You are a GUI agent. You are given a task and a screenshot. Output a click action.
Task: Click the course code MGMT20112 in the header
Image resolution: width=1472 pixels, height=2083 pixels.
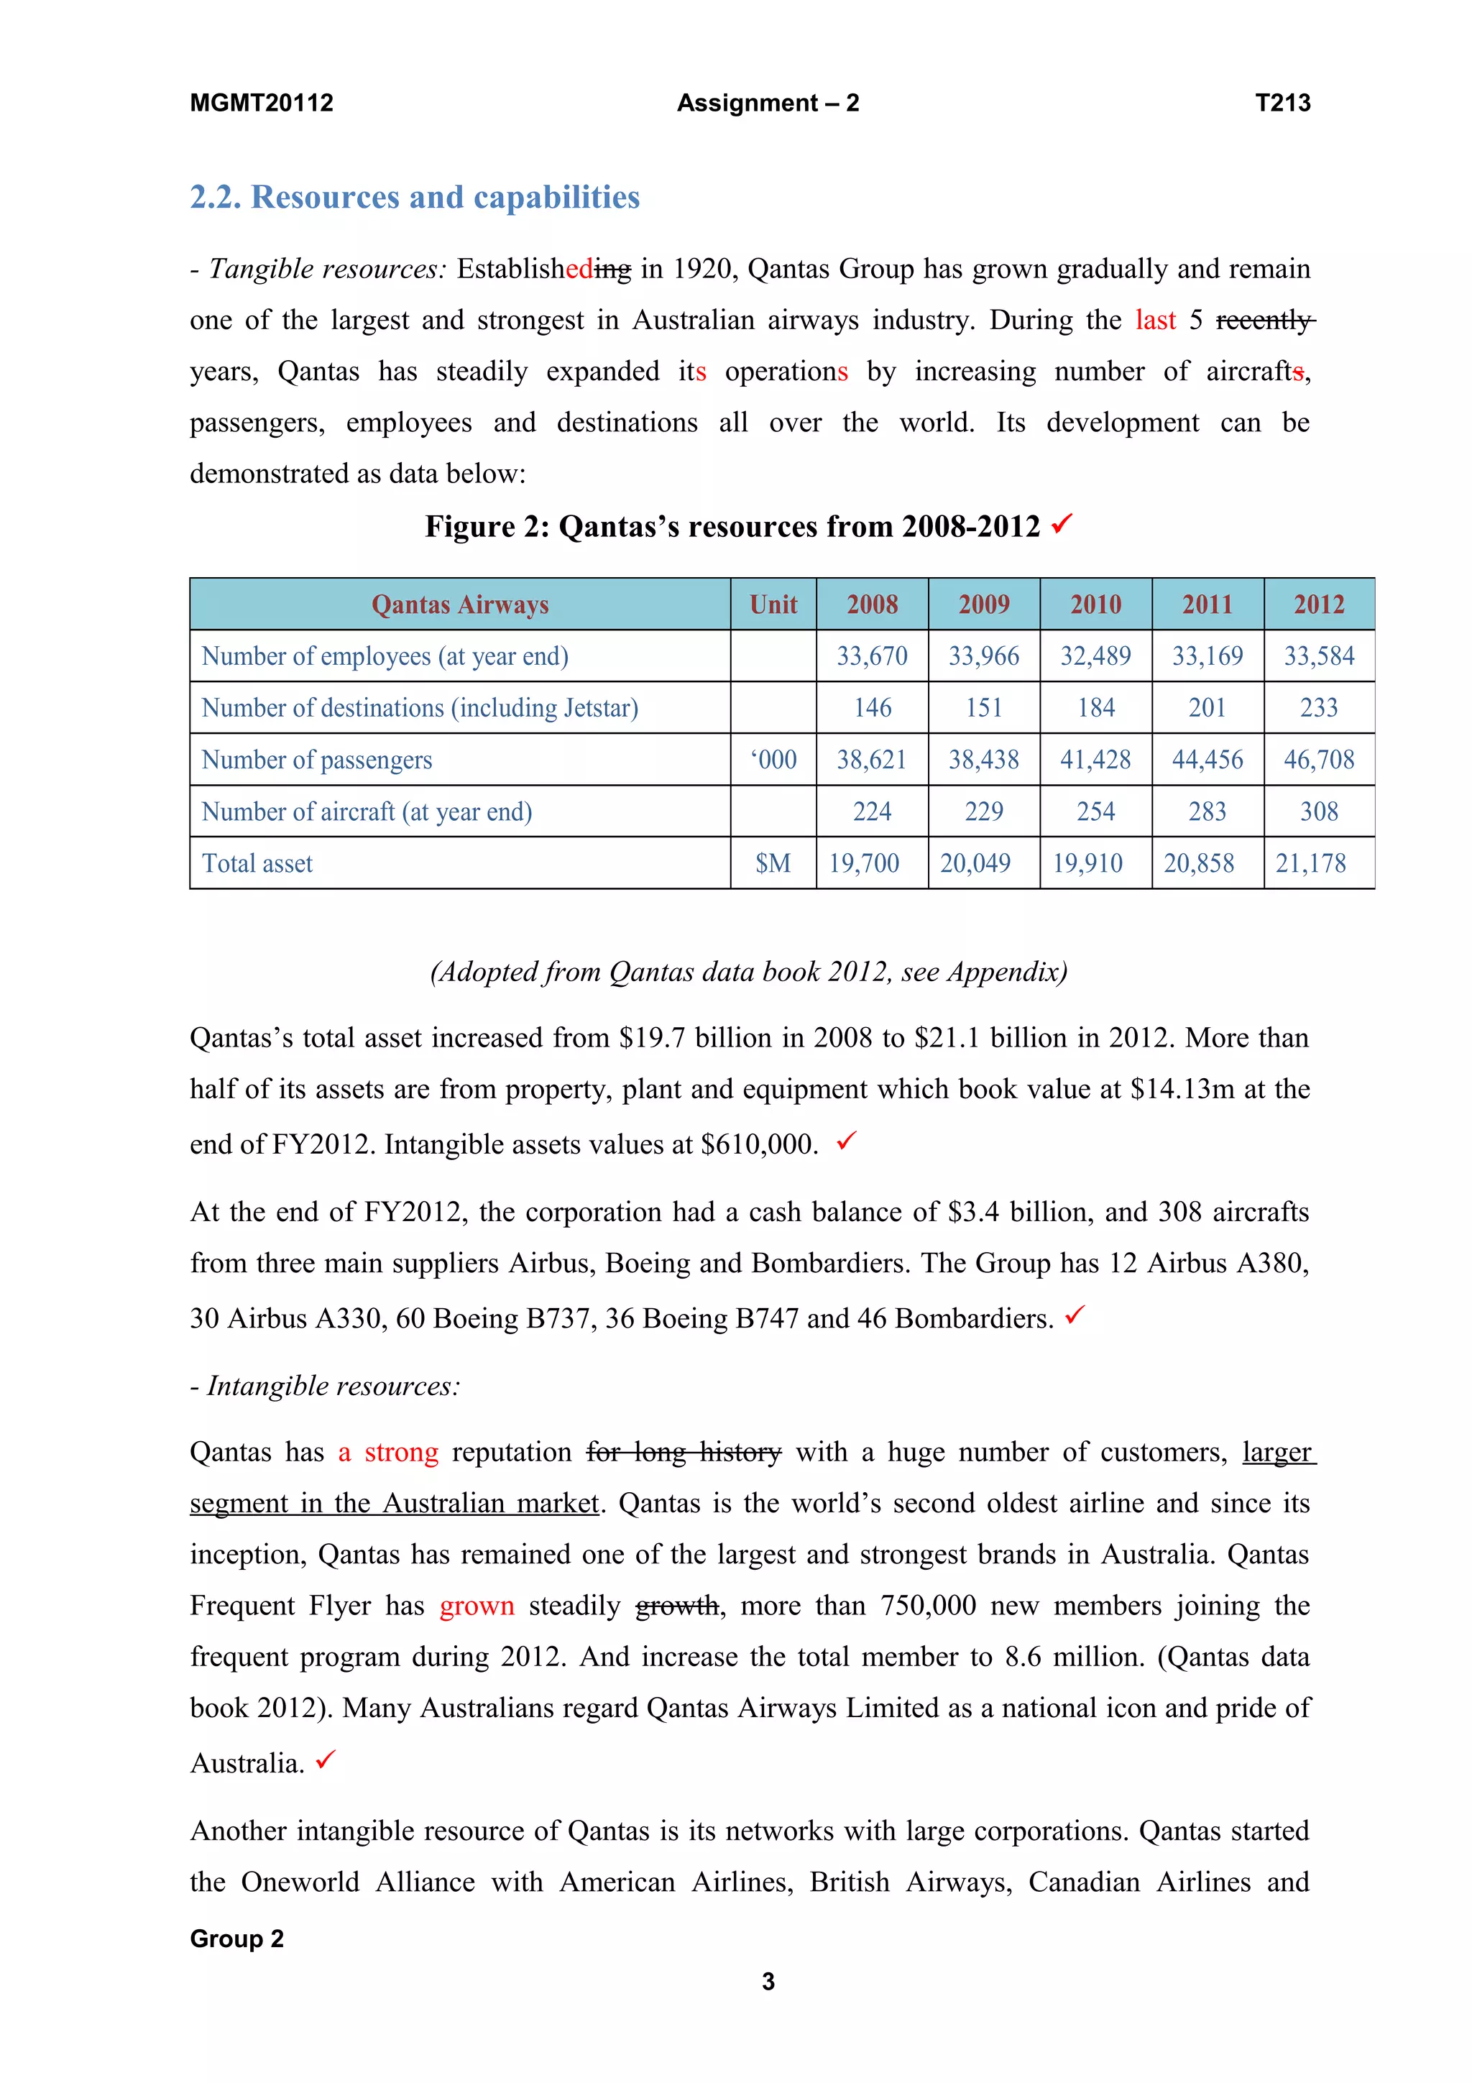[261, 103]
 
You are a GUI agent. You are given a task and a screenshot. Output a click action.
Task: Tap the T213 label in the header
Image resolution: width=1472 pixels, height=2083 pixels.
[1282, 103]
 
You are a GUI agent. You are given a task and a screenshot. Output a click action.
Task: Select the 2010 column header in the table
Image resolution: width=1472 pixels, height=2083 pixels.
[1095, 604]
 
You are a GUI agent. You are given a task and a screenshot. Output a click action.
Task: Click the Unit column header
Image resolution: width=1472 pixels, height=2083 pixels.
[773, 604]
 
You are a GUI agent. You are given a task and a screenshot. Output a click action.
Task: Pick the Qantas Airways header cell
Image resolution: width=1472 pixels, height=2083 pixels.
[460, 604]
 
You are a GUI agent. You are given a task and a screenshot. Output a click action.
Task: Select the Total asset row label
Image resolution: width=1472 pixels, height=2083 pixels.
[257, 863]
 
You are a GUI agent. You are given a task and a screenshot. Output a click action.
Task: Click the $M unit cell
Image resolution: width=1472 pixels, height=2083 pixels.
[773, 863]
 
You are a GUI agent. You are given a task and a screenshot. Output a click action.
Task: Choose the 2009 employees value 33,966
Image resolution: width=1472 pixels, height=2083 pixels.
[983, 656]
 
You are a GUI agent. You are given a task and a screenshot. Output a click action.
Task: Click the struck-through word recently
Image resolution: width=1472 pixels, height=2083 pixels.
[1264, 321]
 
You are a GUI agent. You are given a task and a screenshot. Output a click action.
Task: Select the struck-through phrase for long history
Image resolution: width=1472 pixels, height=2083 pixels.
[683, 1453]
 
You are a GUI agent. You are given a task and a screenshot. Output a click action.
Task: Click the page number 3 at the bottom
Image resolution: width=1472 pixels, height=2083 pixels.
[768, 1982]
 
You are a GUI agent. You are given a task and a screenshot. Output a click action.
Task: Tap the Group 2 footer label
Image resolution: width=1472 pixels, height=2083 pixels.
[236, 1939]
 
